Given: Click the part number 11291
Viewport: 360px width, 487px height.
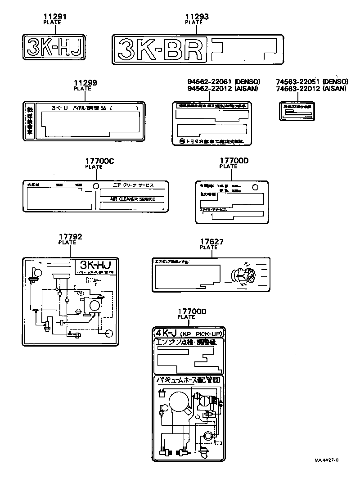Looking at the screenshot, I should coord(54,17).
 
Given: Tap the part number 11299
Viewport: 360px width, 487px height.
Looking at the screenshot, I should coord(85,83).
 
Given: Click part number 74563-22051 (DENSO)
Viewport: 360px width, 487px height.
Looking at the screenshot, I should coord(311,81).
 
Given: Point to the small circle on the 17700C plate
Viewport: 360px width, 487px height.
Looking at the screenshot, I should coord(95,186).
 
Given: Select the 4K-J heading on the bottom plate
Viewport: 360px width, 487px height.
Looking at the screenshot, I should coord(166,334).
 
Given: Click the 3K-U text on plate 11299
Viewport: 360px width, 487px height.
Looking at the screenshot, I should coord(59,108).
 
